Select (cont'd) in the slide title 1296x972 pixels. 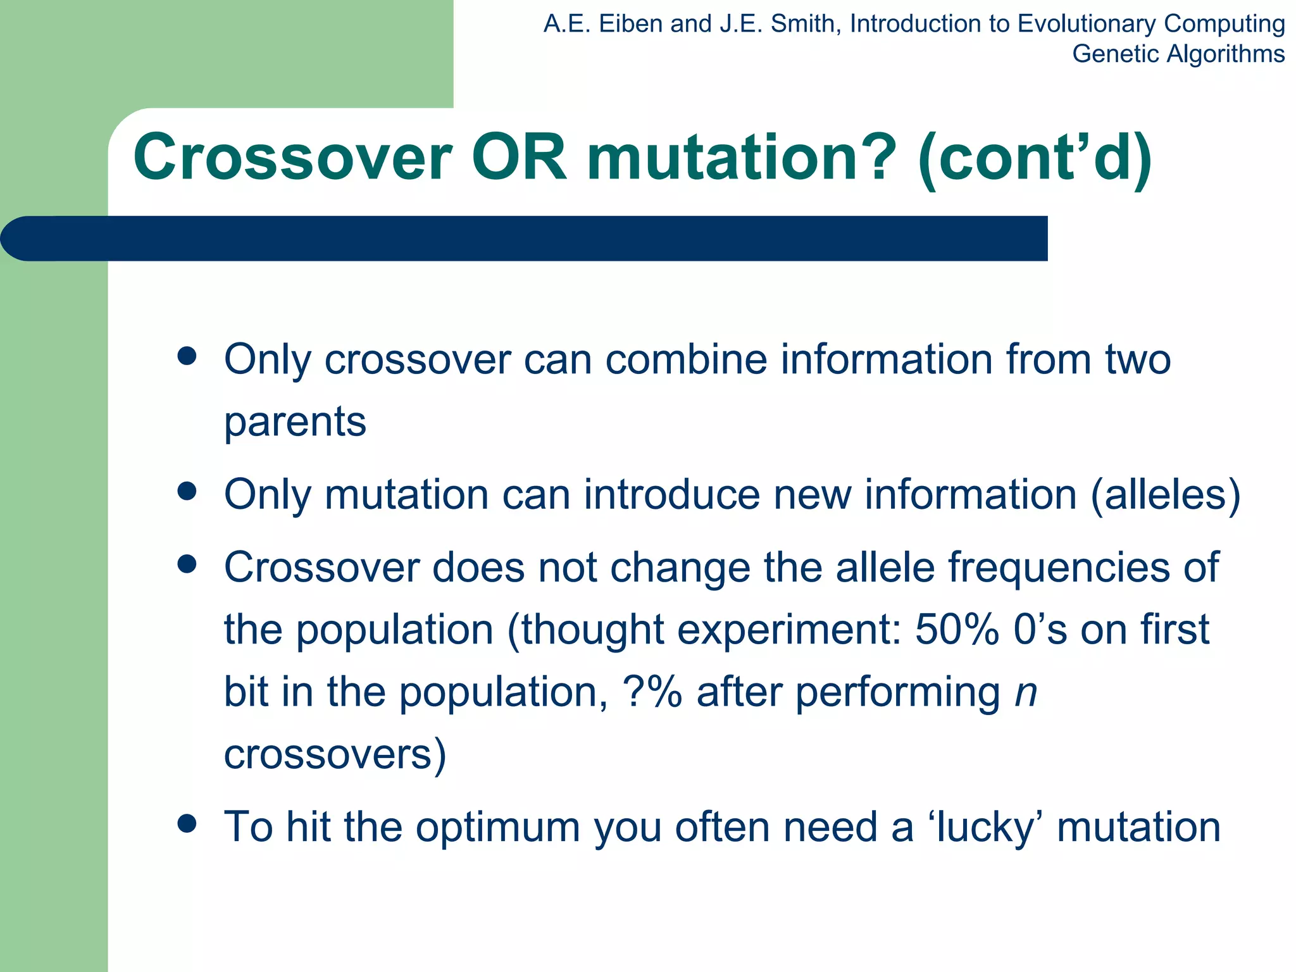point(1034,158)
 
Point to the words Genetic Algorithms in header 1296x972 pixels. point(1178,54)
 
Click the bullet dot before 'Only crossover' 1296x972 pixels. point(187,356)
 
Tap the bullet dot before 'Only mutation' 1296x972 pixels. point(187,491)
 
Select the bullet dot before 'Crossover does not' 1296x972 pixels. point(187,564)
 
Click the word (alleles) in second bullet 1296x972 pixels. point(1165,494)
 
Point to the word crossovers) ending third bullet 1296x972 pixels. point(335,754)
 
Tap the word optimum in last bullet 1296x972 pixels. point(497,828)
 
